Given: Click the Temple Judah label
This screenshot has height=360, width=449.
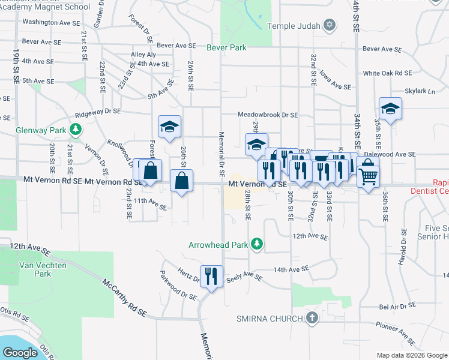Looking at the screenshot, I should click(x=294, y=26).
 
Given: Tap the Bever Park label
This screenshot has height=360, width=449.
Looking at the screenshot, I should click(x=228, y=47).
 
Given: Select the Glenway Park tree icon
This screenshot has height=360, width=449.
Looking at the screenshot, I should click(x=76, y=129).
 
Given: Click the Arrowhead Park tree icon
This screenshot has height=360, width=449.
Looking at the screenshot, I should click(x=257, y=244).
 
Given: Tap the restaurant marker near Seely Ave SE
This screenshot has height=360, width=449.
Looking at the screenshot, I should click(x=211, y=277).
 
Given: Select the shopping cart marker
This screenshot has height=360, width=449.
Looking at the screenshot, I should click(x=368, y=176).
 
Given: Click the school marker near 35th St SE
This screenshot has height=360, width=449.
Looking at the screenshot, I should click(x=390, y=109).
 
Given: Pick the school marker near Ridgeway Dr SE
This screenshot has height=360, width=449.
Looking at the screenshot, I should click(x=170, y=127).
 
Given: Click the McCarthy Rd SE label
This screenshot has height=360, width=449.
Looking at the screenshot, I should click(x=124, y=298).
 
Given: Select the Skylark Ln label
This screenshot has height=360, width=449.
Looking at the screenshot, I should click(x=420, y=91).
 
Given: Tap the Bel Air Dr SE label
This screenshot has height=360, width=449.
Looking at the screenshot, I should click(x=398, y=306).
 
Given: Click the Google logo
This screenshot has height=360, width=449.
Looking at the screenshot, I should click(x=20, y=352).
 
